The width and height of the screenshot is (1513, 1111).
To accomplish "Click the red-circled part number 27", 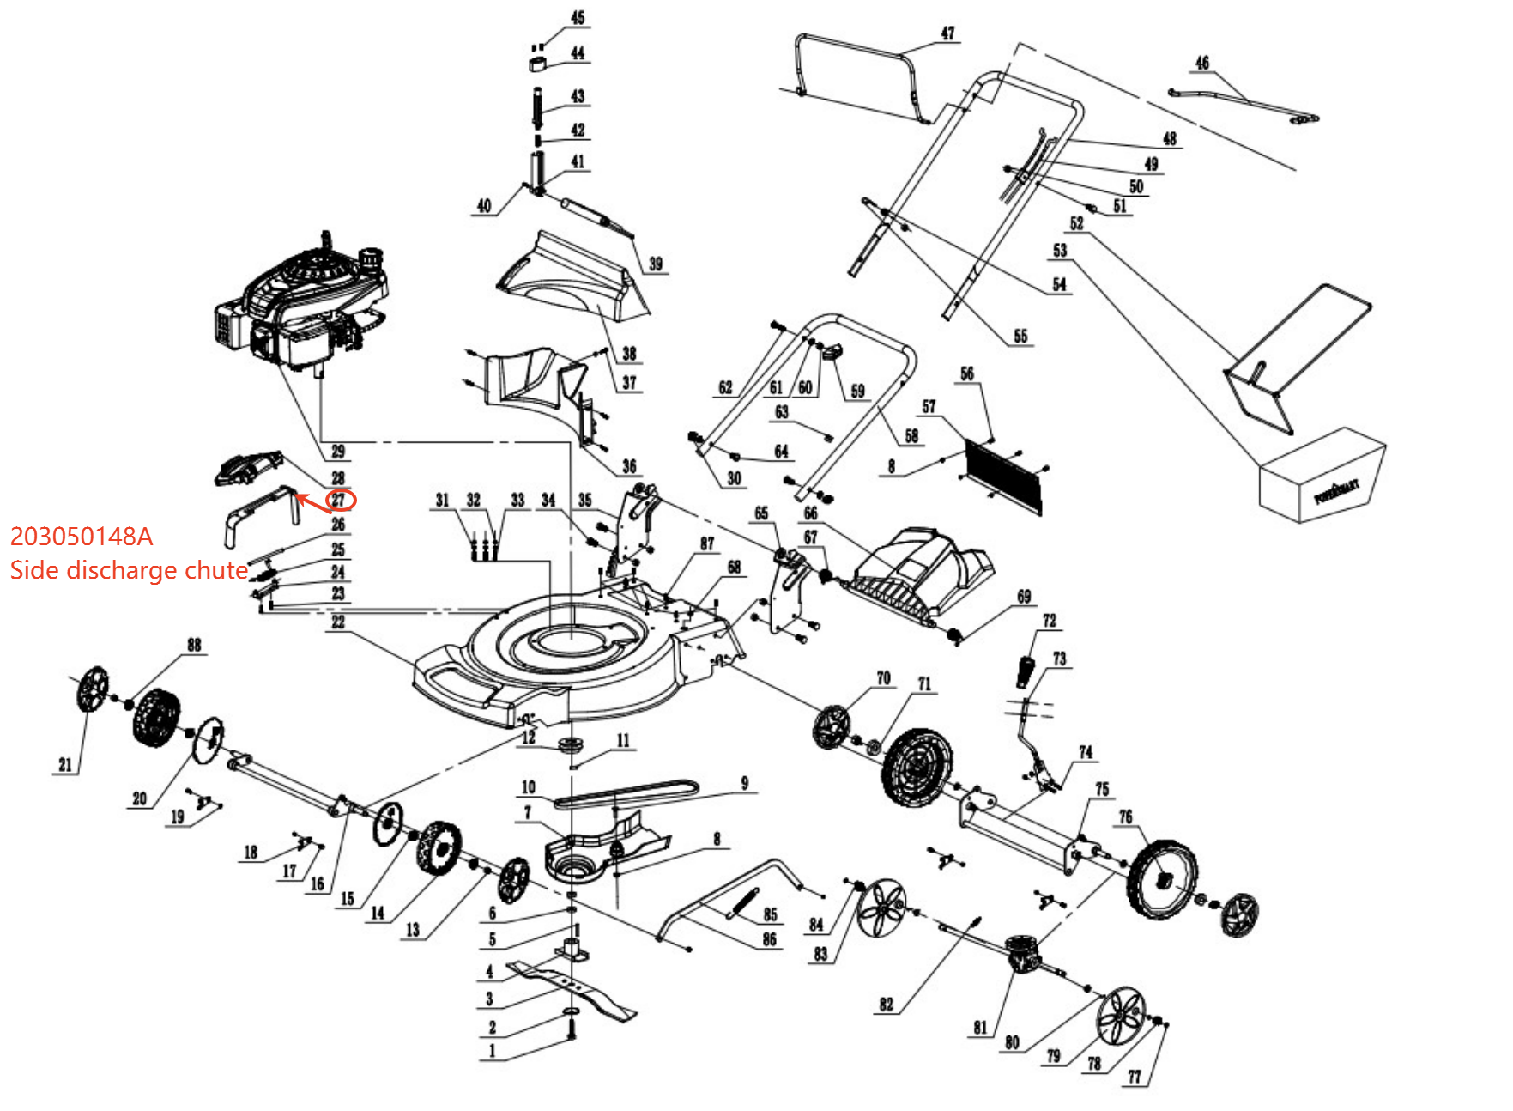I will [x=339, y=500].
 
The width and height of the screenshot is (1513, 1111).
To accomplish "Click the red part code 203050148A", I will [x=82, y=537].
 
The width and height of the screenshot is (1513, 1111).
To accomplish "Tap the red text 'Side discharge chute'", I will [x=129, y=570].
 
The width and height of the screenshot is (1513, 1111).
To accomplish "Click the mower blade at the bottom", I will [x=571, y=987].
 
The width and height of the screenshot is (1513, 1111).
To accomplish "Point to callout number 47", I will [x=947, y=33].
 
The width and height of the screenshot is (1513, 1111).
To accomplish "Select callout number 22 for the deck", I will [x=338, y=622].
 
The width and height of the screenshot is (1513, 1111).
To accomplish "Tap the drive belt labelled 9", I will [x=626, y=793].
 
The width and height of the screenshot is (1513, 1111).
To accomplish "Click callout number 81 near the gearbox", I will [x=980, y=1028].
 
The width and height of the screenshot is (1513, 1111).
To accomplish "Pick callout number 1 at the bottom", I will [x=492, y=1051].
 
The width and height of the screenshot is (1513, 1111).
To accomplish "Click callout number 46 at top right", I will [x=1202, y=63].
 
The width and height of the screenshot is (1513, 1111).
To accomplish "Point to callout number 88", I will [x=194, y=645].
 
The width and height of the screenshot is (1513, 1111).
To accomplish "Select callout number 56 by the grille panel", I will [x=967, y=373].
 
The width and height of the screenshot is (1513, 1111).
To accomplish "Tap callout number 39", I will [x=656, y=264].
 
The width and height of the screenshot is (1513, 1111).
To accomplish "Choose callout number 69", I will [x=1024, y=597].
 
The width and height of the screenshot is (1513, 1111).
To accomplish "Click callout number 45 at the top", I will [x=578, y=17].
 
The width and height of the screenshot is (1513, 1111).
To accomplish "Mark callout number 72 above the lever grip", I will [x=1050, y=621].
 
